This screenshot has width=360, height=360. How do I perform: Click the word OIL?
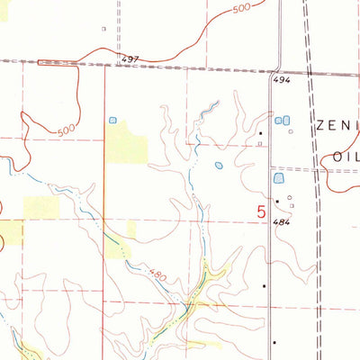tap(346, 155)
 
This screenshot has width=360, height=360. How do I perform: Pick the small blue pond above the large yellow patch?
tap(112, 119)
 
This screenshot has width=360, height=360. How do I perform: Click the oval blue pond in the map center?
tap(219, 165)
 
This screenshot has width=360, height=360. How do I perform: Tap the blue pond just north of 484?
tap(278, 179)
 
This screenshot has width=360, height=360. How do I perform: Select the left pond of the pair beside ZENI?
tap(277, 121)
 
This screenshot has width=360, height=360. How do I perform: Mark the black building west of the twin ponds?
tap(260, 133)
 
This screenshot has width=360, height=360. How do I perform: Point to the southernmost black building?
tap(274, 343)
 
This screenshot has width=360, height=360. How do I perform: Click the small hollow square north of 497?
tap(103, 29)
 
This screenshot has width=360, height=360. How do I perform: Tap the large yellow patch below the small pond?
tap(126, 144)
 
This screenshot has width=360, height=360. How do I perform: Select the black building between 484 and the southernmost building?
tap(265, 286)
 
